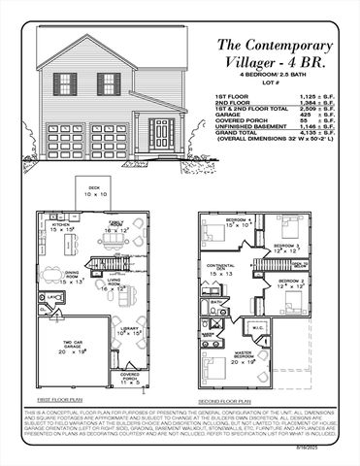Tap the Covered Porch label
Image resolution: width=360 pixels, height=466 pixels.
click(129, 376)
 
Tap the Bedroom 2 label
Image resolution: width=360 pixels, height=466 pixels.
click(292, 283)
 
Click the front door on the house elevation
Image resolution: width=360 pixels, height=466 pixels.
click(159, 131)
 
